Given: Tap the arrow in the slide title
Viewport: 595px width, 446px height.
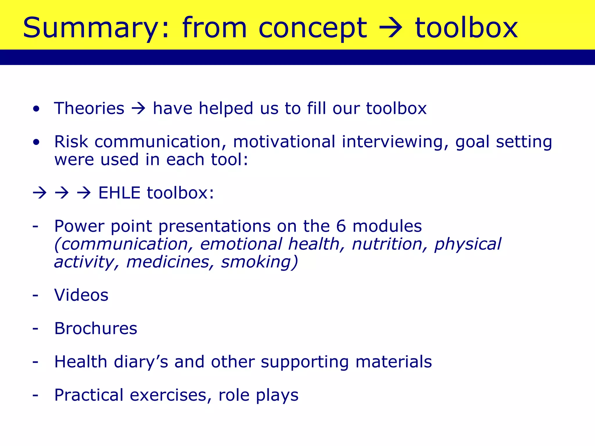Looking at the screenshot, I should coord(391,28).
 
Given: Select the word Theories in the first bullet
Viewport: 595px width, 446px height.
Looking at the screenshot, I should coord(89,108).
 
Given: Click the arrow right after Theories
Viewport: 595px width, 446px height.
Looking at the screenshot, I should coord(139,109).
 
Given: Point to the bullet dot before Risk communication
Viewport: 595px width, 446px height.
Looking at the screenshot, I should coord(36,142).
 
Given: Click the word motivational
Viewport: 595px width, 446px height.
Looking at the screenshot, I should coord(284,142).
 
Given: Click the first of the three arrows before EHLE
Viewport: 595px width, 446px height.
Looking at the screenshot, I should coord(40,193).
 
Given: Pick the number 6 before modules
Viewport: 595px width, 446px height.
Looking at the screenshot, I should coord(341,226).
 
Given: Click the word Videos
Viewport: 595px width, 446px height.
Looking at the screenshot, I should coord(81,295).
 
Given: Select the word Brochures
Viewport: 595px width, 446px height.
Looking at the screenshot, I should coord(96,328).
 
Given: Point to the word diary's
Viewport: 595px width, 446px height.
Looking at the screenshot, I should coord(141,362).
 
